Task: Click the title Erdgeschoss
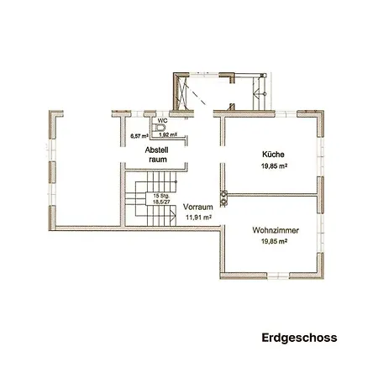pyautogui.click(x=299, y=339)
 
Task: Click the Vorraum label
pyautogui.click(x=197, y=206)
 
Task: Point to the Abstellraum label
pyautogui.click(x=157, y=154)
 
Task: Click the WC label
pyautogui.click(x=150, y=119)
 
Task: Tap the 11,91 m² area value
pyautogui.click(x=197, y=217)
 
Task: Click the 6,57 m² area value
pyautogui.click(x=139, y=134)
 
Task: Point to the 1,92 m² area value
pyautogui.click(x=168, y=134)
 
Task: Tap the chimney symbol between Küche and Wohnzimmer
pyautogui.click(x=224, y=197)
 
